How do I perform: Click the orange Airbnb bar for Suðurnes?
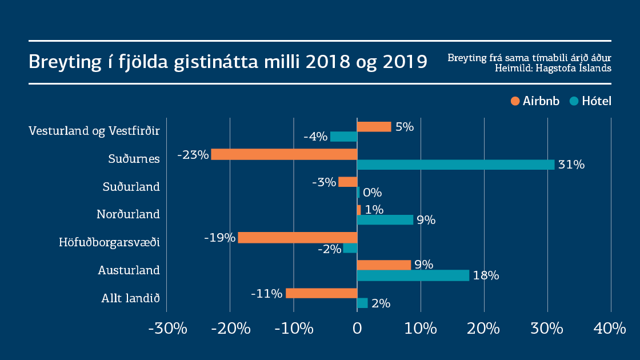coord(284,154)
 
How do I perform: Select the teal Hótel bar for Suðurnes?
coord(455,165)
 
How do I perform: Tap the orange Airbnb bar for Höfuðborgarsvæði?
coord(297,238)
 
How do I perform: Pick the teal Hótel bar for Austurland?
coord(413,275)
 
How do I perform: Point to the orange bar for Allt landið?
coord(321,293)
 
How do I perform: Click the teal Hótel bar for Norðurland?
coord(385,220)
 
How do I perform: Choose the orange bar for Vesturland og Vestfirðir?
coord(374,127)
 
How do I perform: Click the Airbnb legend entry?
coord(535,102)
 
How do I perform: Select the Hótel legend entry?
coord(591,102)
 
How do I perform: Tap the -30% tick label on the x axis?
coord(166,329)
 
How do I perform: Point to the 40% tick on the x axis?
coord(609,329)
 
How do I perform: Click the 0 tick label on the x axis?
coord(357,329)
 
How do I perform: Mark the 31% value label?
coord(571,165)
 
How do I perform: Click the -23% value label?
coord(193,154)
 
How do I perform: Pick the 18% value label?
coord(486,276)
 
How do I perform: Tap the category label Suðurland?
coord(131,187)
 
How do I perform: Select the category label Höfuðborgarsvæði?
coord(109,242)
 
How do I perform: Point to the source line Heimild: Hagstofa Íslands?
coord(553,68)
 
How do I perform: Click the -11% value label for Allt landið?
coord(266,294)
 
